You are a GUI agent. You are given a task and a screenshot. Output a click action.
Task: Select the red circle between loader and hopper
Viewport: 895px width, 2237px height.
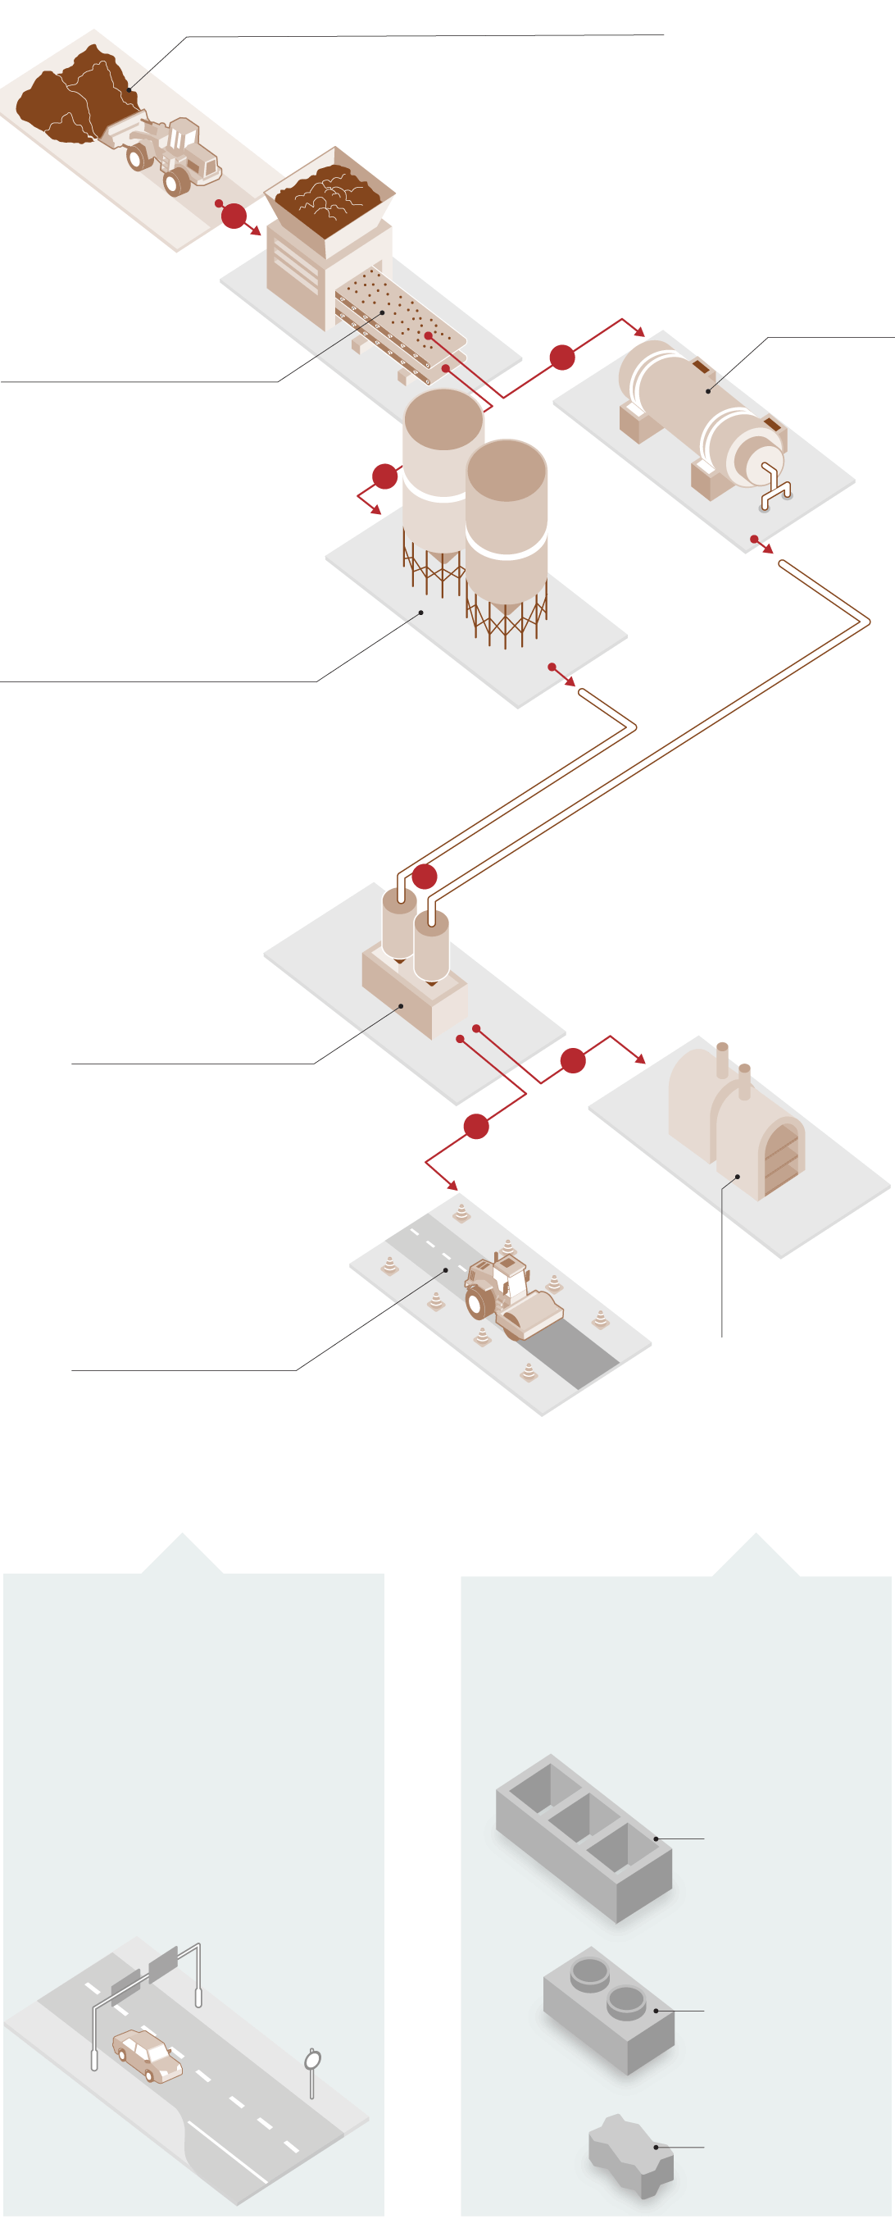click(x=234, y=216)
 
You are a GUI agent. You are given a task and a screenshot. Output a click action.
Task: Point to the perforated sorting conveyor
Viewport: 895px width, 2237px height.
click(x=399, y=321)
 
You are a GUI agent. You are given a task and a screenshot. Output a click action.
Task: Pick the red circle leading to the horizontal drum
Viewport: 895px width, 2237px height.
click(x=562, y=357)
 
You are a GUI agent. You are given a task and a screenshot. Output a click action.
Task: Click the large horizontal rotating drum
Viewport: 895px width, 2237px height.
click(x=694, y=408)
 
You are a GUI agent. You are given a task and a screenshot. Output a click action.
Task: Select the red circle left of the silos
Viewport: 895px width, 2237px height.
click(x=384, y=476)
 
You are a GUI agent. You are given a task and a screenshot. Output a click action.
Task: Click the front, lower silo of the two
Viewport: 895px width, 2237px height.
click(x=506, y=530)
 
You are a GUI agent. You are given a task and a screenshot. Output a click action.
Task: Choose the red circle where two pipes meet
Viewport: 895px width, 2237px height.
click(x=425, y=877)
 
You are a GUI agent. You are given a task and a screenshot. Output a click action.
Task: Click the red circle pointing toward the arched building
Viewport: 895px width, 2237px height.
click(x=573, y=1060)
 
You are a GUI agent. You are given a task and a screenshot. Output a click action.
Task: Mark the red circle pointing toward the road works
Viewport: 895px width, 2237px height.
click(x=475, y=1127)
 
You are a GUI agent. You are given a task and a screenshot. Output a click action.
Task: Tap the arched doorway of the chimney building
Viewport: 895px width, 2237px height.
click(x=780, y=1160)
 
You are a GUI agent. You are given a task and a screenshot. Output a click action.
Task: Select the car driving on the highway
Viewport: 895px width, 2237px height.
click(x=148, y=2055)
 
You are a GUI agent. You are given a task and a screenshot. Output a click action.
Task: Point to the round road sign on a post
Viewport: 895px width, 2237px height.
click(x=313, y=2059)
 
